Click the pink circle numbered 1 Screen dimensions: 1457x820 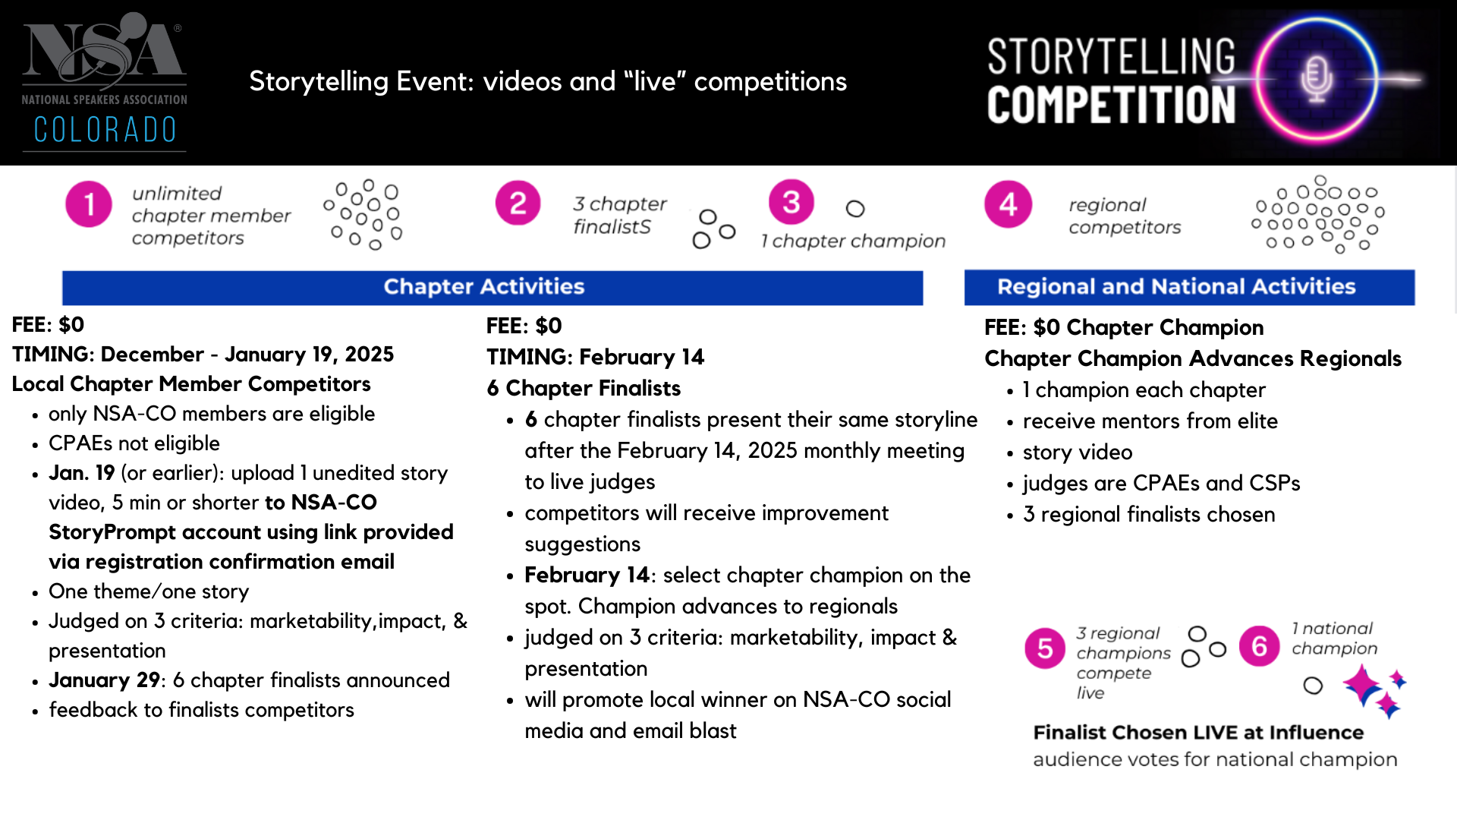(x=89, y=204)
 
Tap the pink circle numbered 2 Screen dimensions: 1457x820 (x=518, y=203)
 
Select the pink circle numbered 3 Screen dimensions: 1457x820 (x=791, y=202)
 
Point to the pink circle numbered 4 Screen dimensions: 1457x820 (x=1009, y=203)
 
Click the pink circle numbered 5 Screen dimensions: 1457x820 (x=1045, y=648)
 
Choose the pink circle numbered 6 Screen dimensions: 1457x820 (x=1260, y=646)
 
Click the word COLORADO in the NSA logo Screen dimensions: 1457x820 (x=105, y=130)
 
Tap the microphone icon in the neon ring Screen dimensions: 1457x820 (x=1317, y=78)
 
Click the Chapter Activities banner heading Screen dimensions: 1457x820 (x=484, y=286)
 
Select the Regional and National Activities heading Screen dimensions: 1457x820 (x=1176, y=286)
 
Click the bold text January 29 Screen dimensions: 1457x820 (x=105, y=680)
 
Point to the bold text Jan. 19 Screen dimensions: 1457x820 (x=82, y=473)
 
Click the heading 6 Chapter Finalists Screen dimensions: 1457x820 (x=584, y=388)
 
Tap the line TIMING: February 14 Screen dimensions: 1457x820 (x=596, y=357)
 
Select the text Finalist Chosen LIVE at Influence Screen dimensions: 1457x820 (x=1198, y=733)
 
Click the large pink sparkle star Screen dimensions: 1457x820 (x=1363, y=685)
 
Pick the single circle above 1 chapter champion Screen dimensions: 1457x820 (x=855, y=209)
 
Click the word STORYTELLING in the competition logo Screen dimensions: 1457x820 (x=1112, y=57)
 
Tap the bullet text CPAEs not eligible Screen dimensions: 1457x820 (x=134, y=443)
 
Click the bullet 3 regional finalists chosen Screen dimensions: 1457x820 (x=1149, y=514)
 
